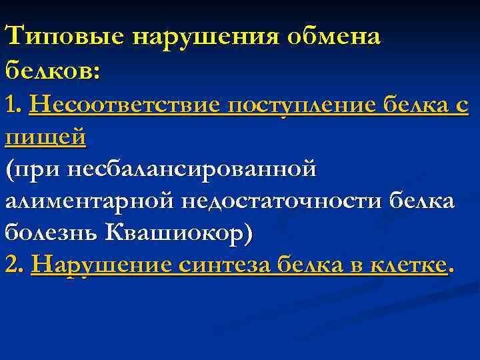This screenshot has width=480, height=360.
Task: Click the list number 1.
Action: click(13, 105)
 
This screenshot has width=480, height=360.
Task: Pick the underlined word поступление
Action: click(303, 105)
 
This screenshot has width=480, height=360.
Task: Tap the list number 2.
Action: click(13, 265)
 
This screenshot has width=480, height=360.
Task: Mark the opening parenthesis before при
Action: click(8, 169)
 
